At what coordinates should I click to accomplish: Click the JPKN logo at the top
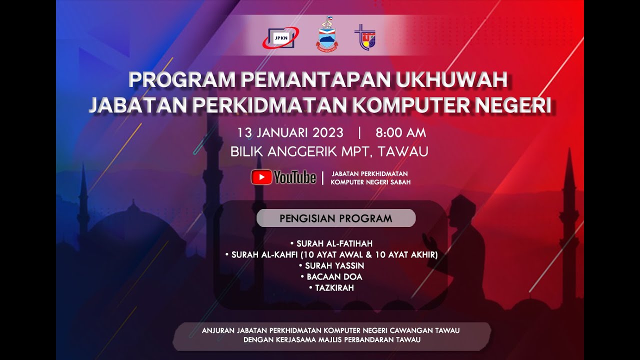tap(280, 37)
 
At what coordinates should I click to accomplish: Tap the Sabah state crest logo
tap(326, 35)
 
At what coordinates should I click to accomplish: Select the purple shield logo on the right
tap(365, 37)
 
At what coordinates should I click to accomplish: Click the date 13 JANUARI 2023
tap(290, 132)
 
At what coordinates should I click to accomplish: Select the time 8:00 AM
tap(400, 132)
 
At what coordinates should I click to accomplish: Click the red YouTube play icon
tap(261, 177)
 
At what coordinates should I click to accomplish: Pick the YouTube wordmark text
tap(295, 177)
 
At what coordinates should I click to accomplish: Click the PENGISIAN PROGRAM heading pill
tap(335, 218)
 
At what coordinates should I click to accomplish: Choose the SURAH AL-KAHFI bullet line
tap(334, 255)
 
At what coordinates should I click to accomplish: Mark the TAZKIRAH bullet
tap(334, 287)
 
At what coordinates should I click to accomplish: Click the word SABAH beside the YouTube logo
tap(399, 182)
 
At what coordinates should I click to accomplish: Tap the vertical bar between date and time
tap(359, 132)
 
